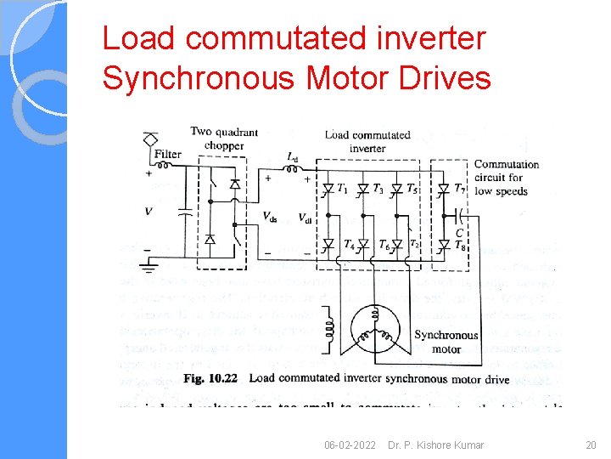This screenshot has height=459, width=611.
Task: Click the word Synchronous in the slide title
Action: pos(198,77)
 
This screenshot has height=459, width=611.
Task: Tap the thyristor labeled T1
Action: pos(328,189)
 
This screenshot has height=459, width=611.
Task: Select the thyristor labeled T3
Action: pos(362,189)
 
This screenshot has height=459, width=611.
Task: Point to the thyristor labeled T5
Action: pos(395,189)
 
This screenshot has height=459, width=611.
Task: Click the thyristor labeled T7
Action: pos(443,189)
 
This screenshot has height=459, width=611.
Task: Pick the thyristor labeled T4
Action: pos(328,245)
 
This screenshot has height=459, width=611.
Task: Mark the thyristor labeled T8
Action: pos(443,245)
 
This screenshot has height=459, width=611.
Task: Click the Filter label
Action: pos(168,155)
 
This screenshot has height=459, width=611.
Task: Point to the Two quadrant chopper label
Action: pos(223,139)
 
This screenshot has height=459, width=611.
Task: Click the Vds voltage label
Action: pos(269,217)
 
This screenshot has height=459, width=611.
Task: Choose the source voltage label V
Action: pos(149,210)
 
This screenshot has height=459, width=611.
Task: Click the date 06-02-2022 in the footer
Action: pos(350,445)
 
